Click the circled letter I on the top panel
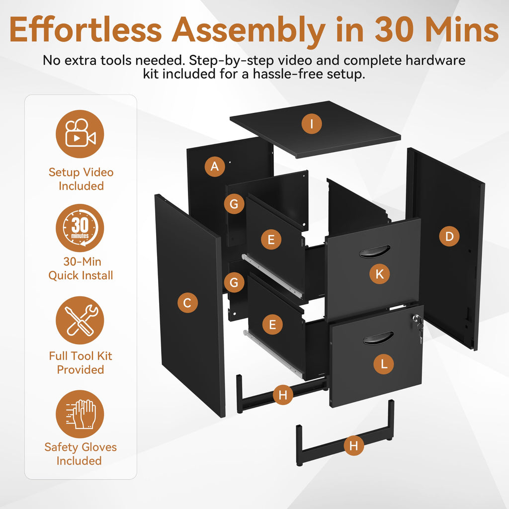312,124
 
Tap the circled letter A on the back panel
215,166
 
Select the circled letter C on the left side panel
187,303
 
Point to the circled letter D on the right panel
449,236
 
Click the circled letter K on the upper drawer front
379,274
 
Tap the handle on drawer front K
375,252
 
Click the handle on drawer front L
378,338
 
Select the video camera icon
80,134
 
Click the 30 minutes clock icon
80,228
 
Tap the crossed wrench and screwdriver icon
80,320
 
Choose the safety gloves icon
80,414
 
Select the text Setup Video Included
81,179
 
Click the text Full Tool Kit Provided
81,362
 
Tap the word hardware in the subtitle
435,60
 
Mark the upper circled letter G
234,203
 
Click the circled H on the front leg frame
353,445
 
